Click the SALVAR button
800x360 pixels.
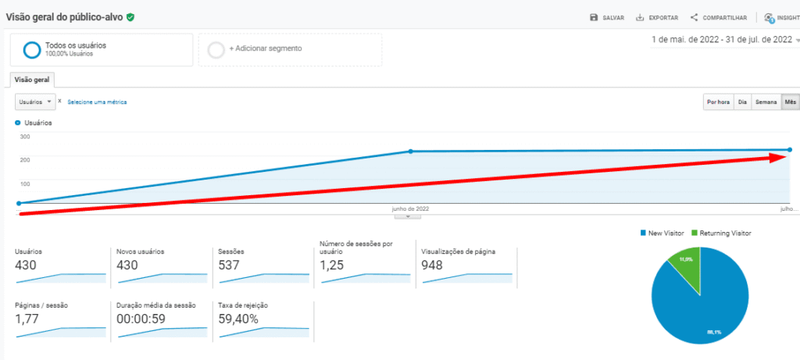click(x=607, y=17)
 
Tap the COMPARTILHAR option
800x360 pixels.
click(x=709, y=17)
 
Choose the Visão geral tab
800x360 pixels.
click(x=31, y=79)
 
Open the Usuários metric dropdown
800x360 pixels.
click(x=35, y=102)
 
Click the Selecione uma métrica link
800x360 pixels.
click(x=97, y=102)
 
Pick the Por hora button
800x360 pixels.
click(x=718, y=102)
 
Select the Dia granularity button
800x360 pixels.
click(x=743, y=102)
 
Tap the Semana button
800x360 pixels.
click(x=766, y=102)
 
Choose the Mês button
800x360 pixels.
click(x=791, y=102)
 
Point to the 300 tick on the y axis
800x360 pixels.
click(x=24, y=137)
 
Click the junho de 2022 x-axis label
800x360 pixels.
click(x=410, y=209)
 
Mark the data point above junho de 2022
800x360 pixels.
click(x=411, y=151)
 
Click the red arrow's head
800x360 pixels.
click(x=781, y=179)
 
